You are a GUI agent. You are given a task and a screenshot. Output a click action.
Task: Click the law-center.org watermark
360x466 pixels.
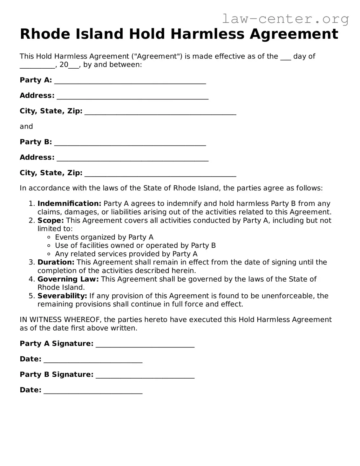pyautogui.click(x=285, y=19)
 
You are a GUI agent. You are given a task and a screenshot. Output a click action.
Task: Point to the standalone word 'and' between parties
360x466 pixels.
pyautogui.click(x=26, y=127)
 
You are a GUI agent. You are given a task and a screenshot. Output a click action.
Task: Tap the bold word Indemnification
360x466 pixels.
pyautogui.click(x=69, y=204)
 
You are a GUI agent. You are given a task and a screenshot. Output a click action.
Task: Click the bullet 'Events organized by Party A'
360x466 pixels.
pyautogui.click(x=104, y=237)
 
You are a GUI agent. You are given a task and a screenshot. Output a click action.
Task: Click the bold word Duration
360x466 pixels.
pyautogui.click(x=56, y=262)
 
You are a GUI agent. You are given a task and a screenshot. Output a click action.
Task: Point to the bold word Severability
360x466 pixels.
pyautogui.click(x=62, y=296)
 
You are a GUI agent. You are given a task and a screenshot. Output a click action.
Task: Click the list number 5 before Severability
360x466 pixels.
pyautogui.click(x=31, y=296)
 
